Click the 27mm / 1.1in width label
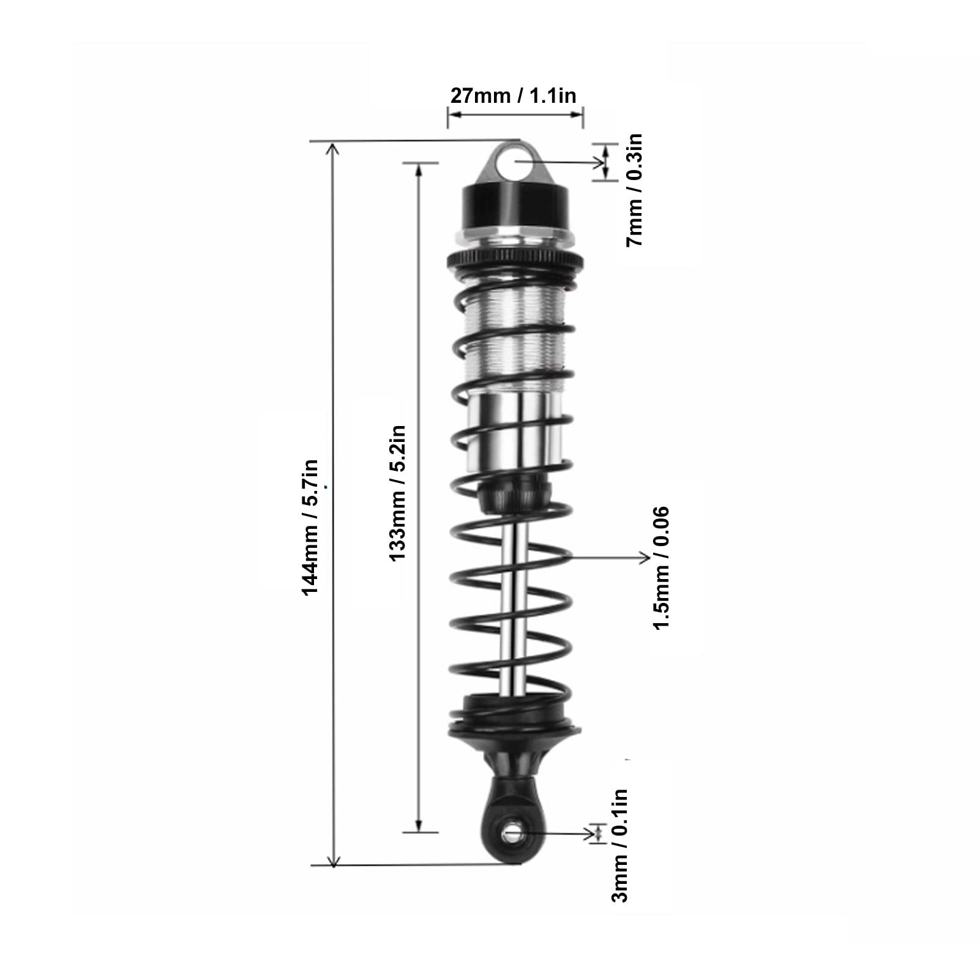pyautogui.click(x=514, y=95)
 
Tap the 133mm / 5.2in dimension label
pyautogui.click(x=397, y=493)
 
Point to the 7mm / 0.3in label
pyautogui.click(x=634, y=190)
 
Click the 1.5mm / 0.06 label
pyautogui.click(x=662, y=567)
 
